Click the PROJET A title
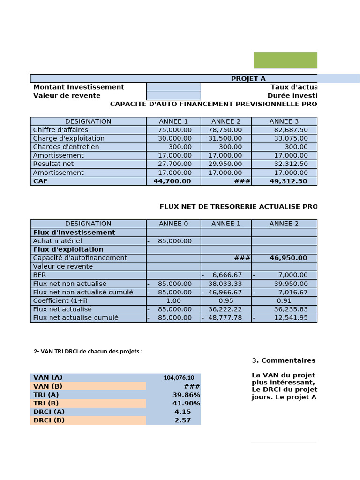point(248,78)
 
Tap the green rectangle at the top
point(285,60)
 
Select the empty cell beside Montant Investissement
point(173,87)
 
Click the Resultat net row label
point(53,164)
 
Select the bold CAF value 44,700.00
point(172,181)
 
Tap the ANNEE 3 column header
point(284,121)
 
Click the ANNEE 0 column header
point(173,224)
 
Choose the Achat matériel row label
point(58,241)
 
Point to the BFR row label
point(39,275)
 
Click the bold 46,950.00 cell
point(288,258)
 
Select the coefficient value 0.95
point(226,301)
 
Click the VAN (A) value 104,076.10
point(182,378)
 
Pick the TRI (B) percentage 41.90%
point(186,404)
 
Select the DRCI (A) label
point(49,412)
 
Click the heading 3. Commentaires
point(284,360)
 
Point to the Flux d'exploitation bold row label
point(68,249)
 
